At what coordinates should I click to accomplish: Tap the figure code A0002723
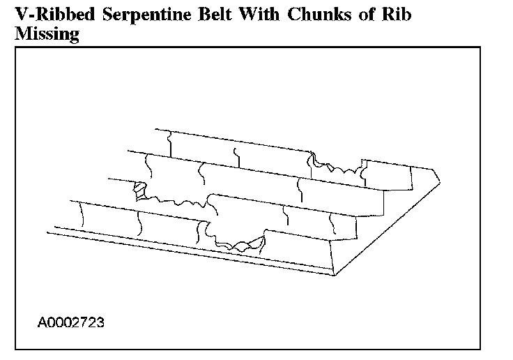(72, 323)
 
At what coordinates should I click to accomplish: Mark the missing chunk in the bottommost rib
(241, 241)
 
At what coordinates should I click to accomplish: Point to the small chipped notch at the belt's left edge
(139, 189)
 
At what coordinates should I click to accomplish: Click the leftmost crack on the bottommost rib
(82, 213)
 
